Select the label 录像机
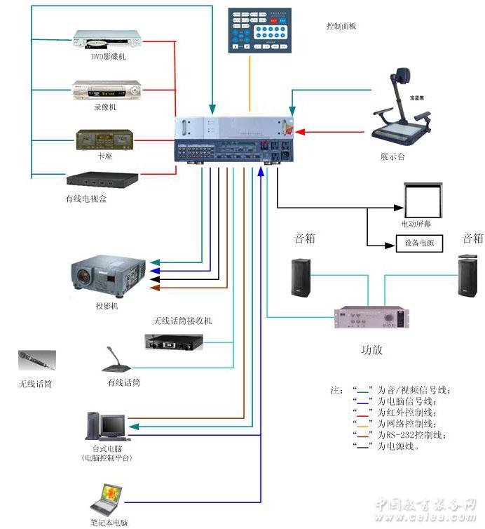105,107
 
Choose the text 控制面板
341,26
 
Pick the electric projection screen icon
423,199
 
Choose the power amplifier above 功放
371,318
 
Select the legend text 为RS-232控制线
414,435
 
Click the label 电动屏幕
416,224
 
